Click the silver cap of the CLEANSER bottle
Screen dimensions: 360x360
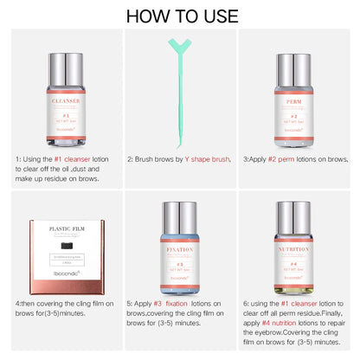[61, 67]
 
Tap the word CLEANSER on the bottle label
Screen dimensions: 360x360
[60, 100]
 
